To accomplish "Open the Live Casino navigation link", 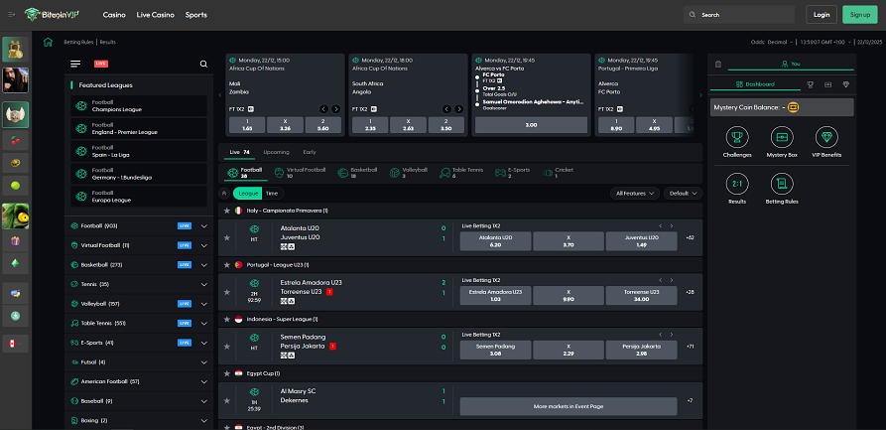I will [x=155, y=15].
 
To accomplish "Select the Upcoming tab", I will [x=276, y=152].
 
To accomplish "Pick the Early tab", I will [x=310, y=152].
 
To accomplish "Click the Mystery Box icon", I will [x=782, y=142].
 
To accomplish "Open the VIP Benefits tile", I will [x=826, y=142].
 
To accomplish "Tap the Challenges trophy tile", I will [x=737, y=142].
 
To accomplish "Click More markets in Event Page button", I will [x=568, y=406].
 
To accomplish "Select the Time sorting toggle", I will [x=272, y=194].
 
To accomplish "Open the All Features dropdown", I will [x=636, y=194].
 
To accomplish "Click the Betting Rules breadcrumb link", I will [x=79, y=43].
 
